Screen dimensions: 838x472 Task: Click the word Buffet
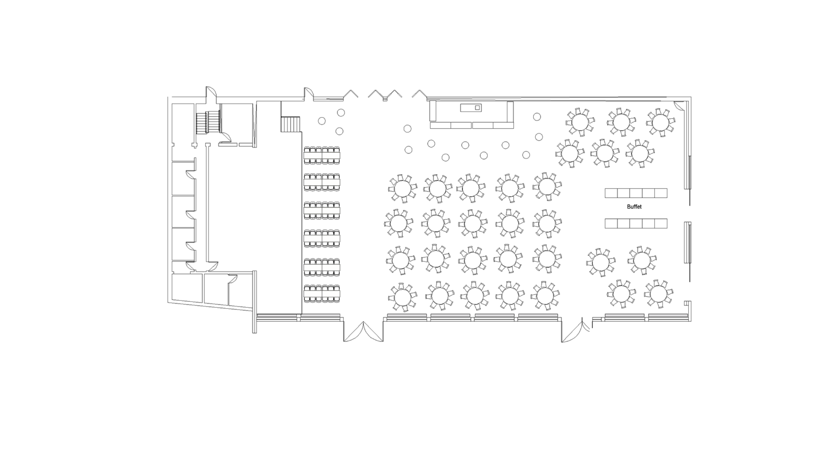pyautogui.click(x=634, y=207)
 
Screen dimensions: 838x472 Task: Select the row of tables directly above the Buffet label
pyautogui.click(x=636, y=193)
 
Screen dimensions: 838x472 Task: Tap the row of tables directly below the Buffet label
pyautogui.click(x=636, y=223)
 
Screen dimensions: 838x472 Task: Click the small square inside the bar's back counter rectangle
pyautogui.click(x=477, y=108)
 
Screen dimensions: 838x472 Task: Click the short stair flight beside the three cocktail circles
pyautogui.click(x=291, y=124)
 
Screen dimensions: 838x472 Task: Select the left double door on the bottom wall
pyautogui.click(x=363, y=332)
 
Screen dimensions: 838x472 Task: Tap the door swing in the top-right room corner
pyautogui.click(x=680, y=106)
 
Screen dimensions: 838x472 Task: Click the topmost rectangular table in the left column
pyautogui.click(x=322, y=155)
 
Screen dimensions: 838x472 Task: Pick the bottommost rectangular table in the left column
pyautogui.click(x=322, y=294)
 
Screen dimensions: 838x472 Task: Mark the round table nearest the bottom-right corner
pyautogui.click(x=659, y=294)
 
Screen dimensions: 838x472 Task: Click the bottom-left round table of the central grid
pyautogui.click(x=402, y=297)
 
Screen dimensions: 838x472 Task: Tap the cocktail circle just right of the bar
pyautogui.click(x=537, y=117)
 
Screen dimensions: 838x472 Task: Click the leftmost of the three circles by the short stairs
pyautogui.click(x=322, y=121)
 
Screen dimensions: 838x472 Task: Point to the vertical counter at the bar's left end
pyautogui.click(x=433, y=111)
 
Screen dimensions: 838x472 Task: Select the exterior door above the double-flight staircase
pyautogui.click(x=211, y=92)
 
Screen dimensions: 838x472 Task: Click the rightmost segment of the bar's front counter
pyautogui.click(x=503, y=126)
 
